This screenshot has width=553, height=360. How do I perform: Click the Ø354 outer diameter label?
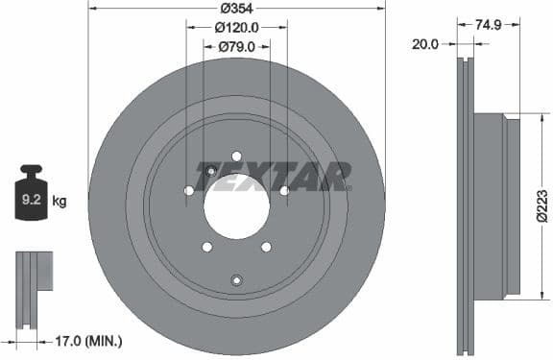pos(237,8)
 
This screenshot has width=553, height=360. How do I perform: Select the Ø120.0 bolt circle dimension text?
pos(237,27)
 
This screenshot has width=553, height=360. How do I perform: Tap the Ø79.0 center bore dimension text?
pos(237,46)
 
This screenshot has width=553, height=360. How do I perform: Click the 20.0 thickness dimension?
pos(425,43)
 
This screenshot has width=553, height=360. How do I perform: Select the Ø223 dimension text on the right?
pos(542,206)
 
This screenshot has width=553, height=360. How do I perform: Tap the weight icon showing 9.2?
pos(31,199)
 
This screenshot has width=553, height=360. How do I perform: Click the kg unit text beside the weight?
pos(60,201)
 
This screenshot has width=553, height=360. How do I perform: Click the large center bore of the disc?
pos(236,206)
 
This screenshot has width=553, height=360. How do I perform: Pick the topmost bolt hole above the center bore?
pos(236,156)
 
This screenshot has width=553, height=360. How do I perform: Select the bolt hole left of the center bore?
pos(188,191)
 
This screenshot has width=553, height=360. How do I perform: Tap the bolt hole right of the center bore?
pos(284,191)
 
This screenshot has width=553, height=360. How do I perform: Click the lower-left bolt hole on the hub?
pos(206,247)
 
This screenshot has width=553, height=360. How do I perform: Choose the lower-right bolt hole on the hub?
pos(266,247)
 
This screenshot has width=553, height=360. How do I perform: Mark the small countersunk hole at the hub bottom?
pos(236,279)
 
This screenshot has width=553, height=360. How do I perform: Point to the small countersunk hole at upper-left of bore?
pos(211,171)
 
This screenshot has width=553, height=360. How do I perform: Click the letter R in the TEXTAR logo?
pos(339,176)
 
